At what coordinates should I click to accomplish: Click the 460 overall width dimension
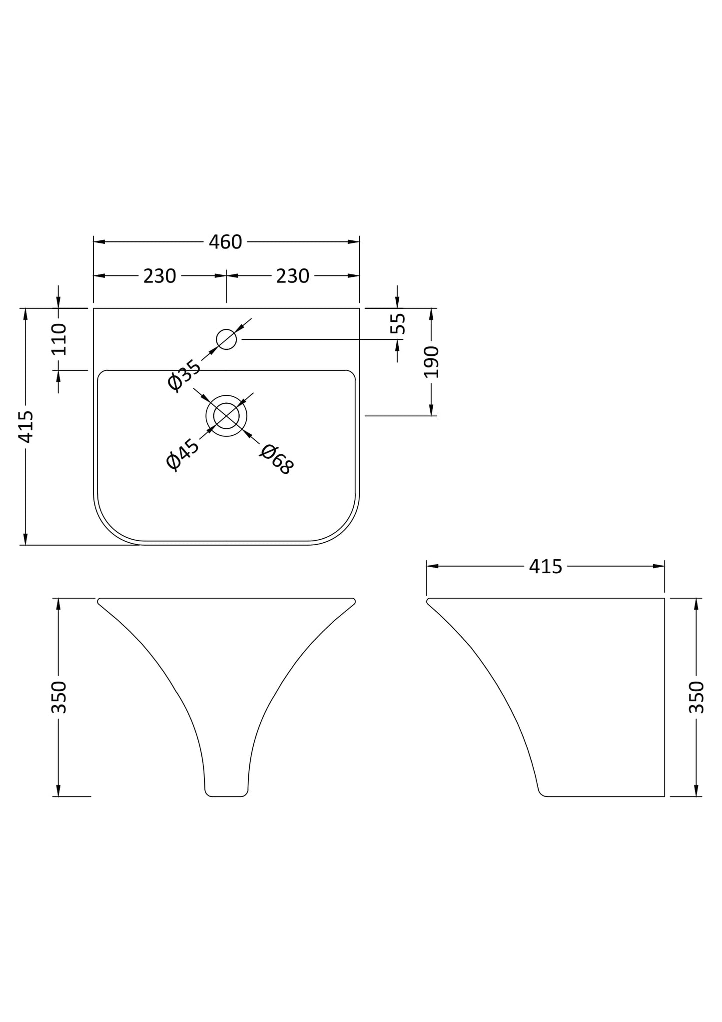point(225,242)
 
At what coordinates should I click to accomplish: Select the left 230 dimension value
point(159,276)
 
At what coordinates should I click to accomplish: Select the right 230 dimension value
point(293,276)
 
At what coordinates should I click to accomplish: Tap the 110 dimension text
point(59,339)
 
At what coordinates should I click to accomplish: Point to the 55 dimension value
point(398,324)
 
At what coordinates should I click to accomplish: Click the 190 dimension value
point(431,362)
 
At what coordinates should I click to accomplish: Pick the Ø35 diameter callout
point(184,375)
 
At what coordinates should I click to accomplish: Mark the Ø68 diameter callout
point(276,459)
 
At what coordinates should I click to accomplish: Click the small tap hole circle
point(226,339)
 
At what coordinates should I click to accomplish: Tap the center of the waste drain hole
point(226,416)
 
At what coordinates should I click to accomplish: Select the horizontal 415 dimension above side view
point(546,566)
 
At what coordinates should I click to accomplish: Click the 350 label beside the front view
point(59,697)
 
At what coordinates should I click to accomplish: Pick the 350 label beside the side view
point(697,697)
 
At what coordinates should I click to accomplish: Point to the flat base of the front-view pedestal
point(226,796)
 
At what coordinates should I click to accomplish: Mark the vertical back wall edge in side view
point(665,697)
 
